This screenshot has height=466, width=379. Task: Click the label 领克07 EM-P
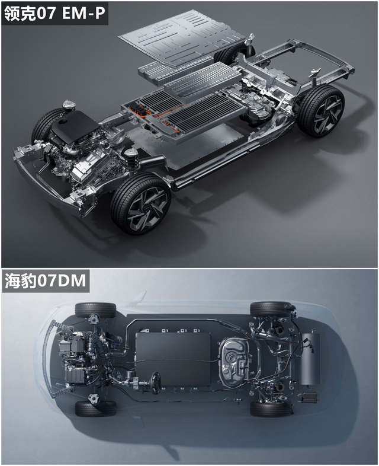(54, 13)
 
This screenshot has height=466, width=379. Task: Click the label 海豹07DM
(45, 281)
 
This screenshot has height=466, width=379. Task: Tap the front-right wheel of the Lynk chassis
(140, 203)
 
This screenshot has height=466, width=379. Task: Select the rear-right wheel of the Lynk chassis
(321, 111)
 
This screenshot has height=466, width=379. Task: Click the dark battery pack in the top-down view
(174, 359)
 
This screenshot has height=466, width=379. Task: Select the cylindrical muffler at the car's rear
(311, 359)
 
